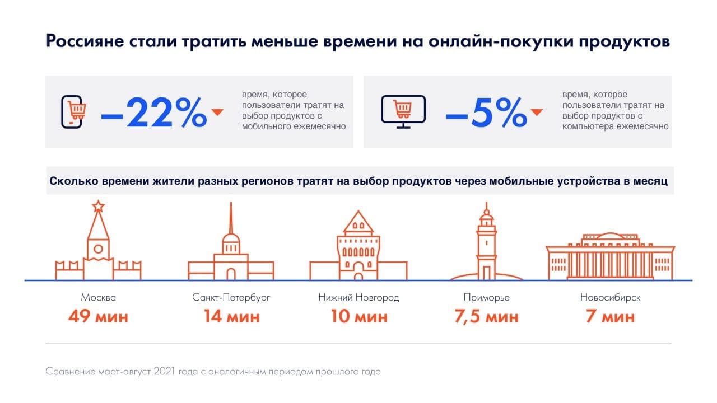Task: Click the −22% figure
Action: [154, 113]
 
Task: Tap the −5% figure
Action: [486, 113]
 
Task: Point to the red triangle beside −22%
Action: [217, 113]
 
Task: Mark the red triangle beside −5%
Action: [537, 112]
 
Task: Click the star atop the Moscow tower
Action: [99, 206]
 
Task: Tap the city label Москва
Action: [99, 297]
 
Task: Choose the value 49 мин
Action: [99, 317]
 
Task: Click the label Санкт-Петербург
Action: [231, 297]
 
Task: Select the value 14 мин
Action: [231, 317]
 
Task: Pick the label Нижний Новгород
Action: [358, 297]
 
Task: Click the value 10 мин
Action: [358, 317]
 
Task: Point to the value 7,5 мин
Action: [486, 317]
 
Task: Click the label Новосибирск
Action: [610, 297]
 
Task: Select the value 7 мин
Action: [610, 317]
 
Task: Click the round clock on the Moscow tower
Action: [99, 248]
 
